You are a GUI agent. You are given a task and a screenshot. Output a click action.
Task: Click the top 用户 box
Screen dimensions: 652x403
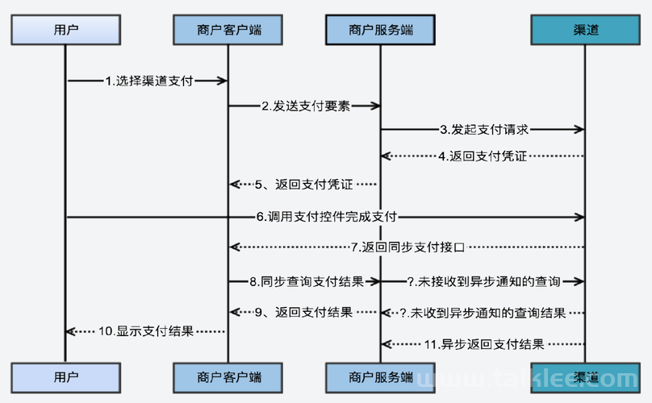click(65, 30)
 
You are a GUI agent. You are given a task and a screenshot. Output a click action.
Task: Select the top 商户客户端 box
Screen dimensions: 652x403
click(228, 30)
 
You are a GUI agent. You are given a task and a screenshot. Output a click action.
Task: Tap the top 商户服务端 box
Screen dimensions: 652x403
click(380, 30)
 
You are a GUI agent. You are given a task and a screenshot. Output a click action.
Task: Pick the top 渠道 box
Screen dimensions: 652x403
click(586, 30)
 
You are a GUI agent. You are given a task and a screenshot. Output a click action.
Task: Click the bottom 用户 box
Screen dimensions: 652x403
click(65, 378)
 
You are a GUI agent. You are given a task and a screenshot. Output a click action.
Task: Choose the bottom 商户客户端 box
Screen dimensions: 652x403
click(228, 378)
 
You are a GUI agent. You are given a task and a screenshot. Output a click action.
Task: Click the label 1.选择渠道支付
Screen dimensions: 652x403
click(149, 81)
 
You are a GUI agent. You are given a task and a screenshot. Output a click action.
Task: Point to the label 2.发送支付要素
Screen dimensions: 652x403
click(306, 106)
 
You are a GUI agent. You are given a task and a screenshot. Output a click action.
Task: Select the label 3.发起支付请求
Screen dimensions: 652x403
click(484, 130)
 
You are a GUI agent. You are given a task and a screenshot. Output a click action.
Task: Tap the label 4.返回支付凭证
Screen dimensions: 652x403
click(483, 156)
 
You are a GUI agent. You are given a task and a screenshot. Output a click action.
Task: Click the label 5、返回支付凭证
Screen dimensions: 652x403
click(303, 184)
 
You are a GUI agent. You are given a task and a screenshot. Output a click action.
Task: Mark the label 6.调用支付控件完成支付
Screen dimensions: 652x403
click(327, 217)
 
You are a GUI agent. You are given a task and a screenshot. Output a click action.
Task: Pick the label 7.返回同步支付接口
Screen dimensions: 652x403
click(407, 247)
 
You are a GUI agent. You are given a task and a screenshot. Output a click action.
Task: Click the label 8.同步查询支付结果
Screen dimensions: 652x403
click(307, 281)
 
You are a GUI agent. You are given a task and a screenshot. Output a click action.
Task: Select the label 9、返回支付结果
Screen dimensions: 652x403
click(303, 312)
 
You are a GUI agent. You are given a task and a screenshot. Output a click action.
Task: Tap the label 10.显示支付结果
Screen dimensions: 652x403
click(146, 331)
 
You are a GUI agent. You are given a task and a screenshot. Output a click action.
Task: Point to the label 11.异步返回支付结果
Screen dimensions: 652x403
click(484, 344)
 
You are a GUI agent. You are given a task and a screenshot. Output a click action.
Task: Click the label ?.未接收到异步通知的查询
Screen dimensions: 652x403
click(483, 281)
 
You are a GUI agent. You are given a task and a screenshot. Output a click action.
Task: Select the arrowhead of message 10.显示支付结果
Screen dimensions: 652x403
click(71, 331)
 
